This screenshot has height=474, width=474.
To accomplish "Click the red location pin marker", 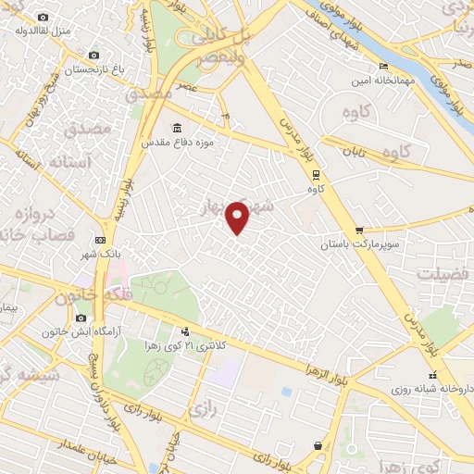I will click(238, 217).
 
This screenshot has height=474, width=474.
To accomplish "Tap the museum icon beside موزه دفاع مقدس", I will click(177, 129).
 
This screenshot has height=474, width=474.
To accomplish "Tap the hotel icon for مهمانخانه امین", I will click(384, 67).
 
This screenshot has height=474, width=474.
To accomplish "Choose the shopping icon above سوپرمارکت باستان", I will click(358, 231).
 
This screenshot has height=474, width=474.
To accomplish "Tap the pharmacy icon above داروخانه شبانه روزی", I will click(430, 375).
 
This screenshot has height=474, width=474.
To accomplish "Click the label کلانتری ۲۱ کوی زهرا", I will click(193, 344).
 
